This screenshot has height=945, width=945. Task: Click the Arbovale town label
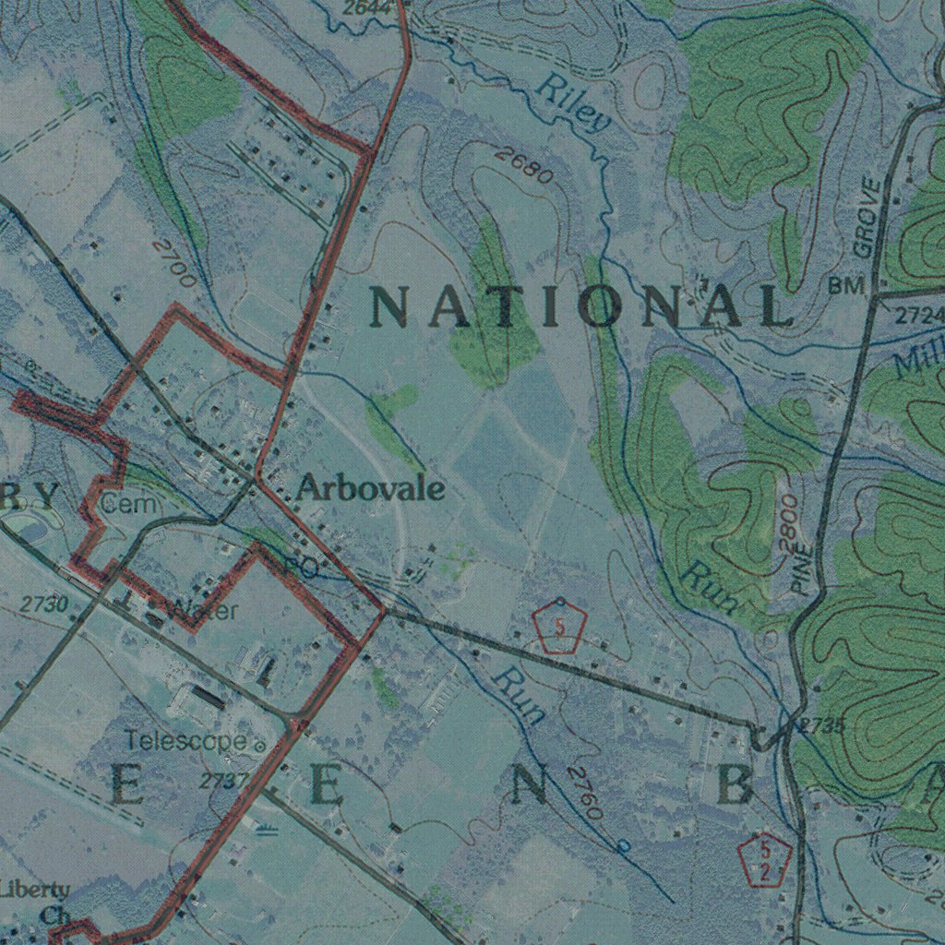pos(370,489)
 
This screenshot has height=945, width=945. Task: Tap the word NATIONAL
pos(581,306)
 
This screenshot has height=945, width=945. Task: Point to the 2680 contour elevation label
pos(522,165)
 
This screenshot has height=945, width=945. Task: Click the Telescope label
pos(186,740)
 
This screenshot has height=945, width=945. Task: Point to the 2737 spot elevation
pos(224,781)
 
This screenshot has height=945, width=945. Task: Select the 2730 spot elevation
pos(44,604)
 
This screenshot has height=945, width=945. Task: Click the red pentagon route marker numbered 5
pos(560,628)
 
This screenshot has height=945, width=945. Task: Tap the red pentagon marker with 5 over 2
pos(766,860)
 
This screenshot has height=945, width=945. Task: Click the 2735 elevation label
pos(822,726)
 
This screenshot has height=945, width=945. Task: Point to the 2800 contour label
pos(788,521)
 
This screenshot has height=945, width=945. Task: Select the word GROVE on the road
pos(867,218)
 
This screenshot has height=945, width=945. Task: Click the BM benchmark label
pos(846,287)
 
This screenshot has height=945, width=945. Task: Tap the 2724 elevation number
pos(919,317)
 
